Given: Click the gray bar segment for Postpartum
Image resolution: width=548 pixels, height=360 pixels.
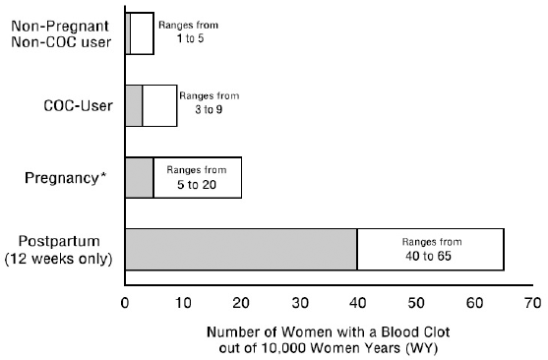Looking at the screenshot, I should tap(240, 249).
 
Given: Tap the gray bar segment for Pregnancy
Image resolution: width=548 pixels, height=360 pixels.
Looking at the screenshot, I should tap(139, 178).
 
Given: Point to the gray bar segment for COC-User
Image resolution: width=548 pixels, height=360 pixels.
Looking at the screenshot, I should tap(134, 106).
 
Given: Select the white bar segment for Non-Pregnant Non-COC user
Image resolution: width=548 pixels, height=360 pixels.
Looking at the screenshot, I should tap(142, 33).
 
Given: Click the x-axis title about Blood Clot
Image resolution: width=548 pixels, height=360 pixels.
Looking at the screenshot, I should tap(328, 338).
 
